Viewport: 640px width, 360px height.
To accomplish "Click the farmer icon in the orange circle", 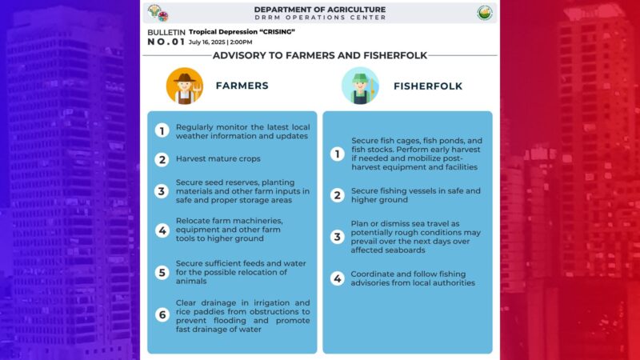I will tap(185, 86).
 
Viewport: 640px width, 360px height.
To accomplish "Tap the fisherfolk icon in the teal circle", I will tap(360, 86).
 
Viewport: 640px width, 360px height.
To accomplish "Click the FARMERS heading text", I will tap(242, 86).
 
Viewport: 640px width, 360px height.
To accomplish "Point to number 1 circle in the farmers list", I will tap(162, 131).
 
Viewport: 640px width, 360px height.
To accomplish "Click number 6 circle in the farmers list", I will tap(162, 314).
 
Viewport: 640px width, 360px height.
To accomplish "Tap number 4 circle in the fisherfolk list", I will tap(337, 278).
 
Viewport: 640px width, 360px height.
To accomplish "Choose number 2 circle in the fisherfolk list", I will tap(337, 195).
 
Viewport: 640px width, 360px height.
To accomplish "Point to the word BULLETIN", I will tap(166, 32).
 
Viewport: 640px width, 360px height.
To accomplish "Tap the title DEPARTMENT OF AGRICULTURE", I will tap(319, 10).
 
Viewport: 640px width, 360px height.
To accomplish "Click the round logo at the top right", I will tap(485, 13).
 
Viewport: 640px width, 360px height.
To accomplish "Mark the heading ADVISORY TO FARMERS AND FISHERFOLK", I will tap(319, 55).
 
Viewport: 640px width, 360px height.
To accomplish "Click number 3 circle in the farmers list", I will tap(162, 191).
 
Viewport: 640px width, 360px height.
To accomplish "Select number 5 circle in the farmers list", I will tap(162, 272).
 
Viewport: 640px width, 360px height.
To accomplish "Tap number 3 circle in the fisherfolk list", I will tap(337, 237).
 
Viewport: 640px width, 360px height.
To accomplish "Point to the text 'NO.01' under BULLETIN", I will tap(166, 42).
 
